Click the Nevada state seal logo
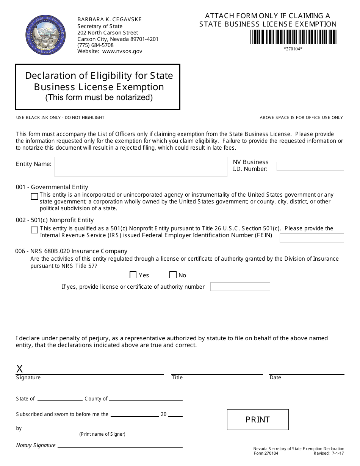click(45, 35)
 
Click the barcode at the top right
click(293, 37)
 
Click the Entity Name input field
click(141, 167)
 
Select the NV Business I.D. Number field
click(310, 166)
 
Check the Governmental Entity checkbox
click(34, 197)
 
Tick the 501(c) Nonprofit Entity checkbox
click(34, 230)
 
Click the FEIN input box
click(311, 238)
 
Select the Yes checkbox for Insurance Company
click(133, 275)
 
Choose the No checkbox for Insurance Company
click(173, 275)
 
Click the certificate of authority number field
click(240, 287)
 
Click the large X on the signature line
click(20, 369)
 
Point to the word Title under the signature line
click(177, 378)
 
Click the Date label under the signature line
click(275, 378)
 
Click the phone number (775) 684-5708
click(95, 45)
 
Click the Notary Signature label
click(36, 445)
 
